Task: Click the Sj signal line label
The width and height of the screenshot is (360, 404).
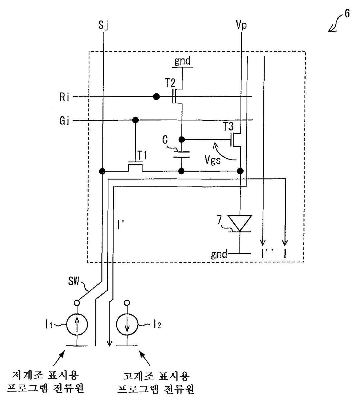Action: pyautogui.click(x=103, y=25)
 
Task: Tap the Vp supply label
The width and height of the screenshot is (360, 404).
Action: pyautogui.click(x=241, y=25)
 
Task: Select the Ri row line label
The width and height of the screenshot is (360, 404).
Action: pyautogui.click(x=64, y=97)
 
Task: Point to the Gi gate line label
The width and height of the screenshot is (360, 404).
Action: pyautogui.click(x=64, y=120)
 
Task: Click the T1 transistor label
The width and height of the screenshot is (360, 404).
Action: pyautogui.click(x=142, y=155)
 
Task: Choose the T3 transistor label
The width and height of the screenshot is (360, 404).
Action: pyautogui.click(x=228, y=126)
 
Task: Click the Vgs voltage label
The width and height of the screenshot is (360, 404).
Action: pyautogui.click(x=213, y=160)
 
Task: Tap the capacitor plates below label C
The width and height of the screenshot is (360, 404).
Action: pyautogui.click(x=181, y=155)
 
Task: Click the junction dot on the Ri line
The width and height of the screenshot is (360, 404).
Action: pyautogui.click(x=156, y=97)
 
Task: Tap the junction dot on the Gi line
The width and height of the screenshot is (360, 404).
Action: pyautogui.click(x=136, y=120)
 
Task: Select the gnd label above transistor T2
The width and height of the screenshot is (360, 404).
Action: pyautogui.click(x=183, y=61)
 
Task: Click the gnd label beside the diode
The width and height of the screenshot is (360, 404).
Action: pyautogui.click(x=219, y=254)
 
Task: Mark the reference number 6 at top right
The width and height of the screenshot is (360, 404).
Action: pyautogui.click(x=347, y=14)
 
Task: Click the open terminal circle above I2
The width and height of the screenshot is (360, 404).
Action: pyautogui.click(x=127, y=303)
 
